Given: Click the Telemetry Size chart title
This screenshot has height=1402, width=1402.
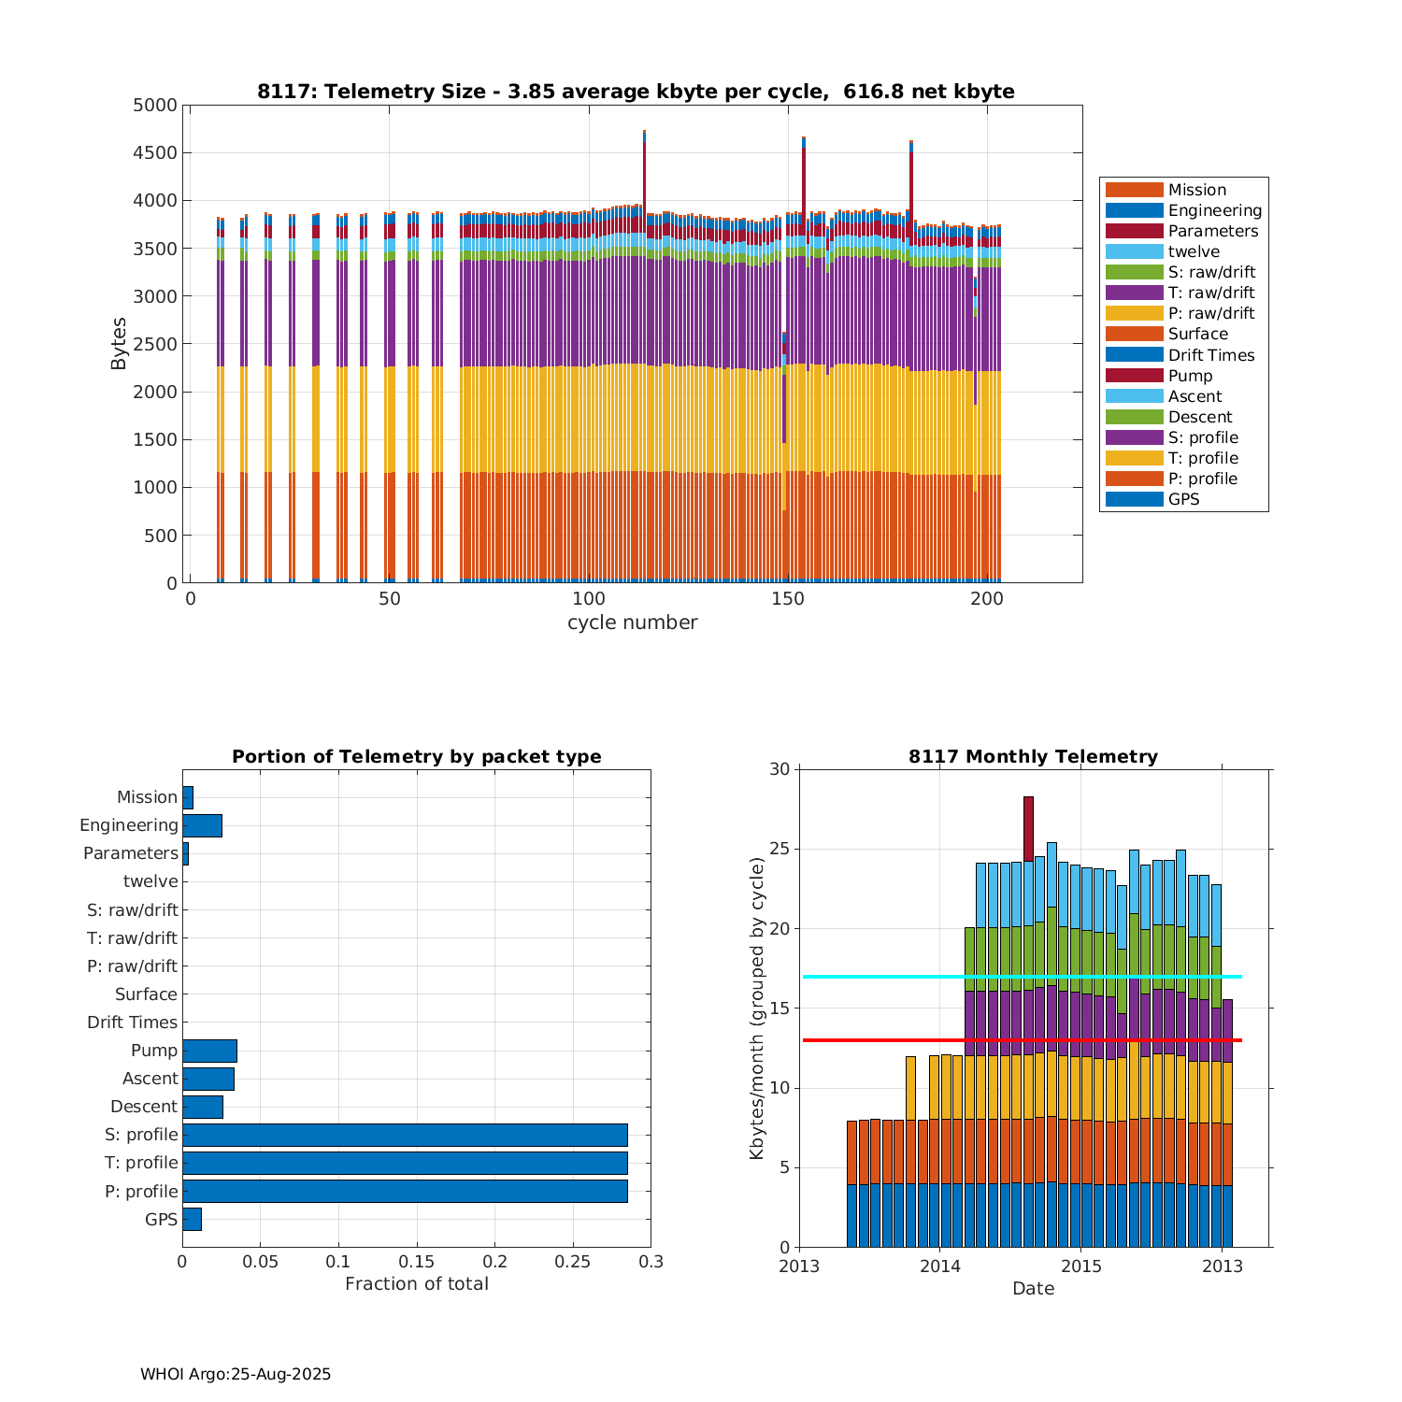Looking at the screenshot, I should point(636,92).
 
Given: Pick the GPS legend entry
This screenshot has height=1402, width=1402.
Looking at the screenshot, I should point(1183,499).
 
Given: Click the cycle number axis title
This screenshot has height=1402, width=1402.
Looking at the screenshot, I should point(632,622).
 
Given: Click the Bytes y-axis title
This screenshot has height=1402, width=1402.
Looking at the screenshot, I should point(119,344).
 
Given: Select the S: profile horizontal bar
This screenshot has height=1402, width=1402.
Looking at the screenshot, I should point(405,1135).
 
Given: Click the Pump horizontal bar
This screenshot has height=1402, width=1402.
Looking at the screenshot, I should point(209,1051).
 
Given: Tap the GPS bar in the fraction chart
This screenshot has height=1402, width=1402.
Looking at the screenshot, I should point(192,1219).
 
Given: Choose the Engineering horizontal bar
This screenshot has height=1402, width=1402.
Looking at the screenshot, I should point(202,825).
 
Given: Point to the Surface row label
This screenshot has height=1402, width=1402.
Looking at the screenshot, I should point(146,994).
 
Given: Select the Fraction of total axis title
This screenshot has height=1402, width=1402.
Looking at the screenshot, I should point(417,1284).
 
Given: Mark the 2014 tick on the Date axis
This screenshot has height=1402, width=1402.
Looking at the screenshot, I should point(939,1266).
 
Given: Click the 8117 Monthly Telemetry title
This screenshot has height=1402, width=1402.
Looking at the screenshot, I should point(1033,757).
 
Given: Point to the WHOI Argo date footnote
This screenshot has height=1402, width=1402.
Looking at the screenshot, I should point(236,1374).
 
